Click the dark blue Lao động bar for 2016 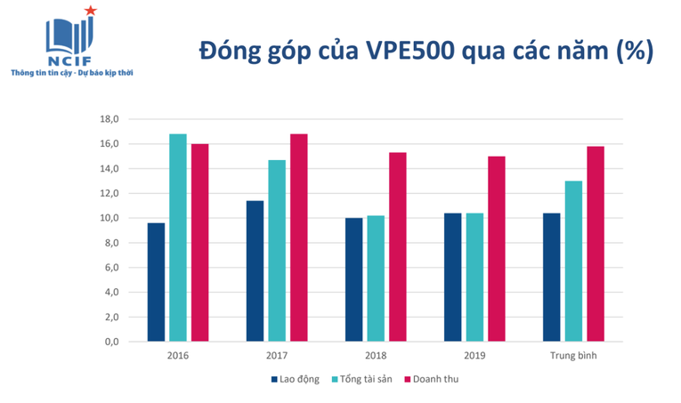[x=156, y=282]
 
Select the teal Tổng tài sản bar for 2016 [x=178, y=238]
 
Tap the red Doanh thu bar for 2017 [x=299, y=238]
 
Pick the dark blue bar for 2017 [x=255, y=271]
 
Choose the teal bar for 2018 [x=376, y=278]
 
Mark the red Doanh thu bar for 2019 [x=497, y=249]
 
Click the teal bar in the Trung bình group [x=573, y=262]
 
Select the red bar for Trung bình [x=596, y=244]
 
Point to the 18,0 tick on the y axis [x=109, y=119]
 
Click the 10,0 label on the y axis [x=109, y=218]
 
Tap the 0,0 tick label [x=111, y=342]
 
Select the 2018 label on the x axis [x=376, y=356]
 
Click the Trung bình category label [x=573, y=356]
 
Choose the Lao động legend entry [x=296, y=379]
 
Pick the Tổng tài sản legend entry [x=361, y=379]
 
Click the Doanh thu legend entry [x=431, y=379]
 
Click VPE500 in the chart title [x=410, y=51]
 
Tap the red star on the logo [x=90, y=11]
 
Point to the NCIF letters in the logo [x=69, y=61]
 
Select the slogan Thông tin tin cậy [x=41, y=73]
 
